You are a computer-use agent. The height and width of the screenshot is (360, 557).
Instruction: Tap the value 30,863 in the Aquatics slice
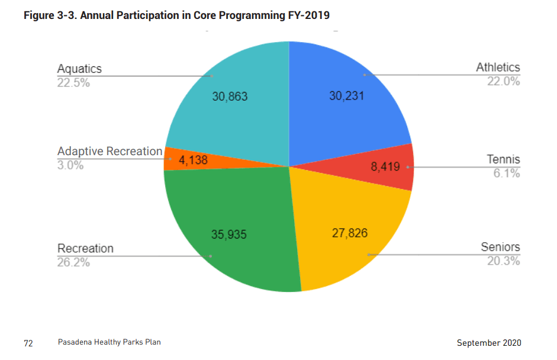(230, 97)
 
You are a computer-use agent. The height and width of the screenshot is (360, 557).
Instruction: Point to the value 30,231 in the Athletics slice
(346, 97)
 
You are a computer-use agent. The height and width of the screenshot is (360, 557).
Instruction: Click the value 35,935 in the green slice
(229, 234)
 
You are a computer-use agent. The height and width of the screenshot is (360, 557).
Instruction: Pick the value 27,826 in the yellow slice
(349, 233)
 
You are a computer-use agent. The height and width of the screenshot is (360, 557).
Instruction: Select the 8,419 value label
(386, 167)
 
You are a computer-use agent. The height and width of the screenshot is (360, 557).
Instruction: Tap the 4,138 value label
(194, 160)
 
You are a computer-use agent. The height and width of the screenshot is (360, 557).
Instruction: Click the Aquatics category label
(79, 69)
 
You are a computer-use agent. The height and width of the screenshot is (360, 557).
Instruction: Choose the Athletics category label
(498, 67)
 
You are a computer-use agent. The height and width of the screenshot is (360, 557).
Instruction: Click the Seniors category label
(500, 247)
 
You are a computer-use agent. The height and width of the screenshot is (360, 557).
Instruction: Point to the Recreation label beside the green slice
(85, 248)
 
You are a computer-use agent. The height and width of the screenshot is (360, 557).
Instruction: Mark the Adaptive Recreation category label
(110, 152)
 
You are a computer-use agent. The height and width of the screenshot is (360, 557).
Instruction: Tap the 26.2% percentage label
(73, 262)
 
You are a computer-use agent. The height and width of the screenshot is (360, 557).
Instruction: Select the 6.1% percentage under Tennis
(507, 173)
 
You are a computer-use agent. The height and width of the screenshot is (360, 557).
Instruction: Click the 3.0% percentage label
(70, 166)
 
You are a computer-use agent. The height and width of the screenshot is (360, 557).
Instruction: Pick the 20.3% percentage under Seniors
(503, 261)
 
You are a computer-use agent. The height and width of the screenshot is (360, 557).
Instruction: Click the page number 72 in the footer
(28, 343)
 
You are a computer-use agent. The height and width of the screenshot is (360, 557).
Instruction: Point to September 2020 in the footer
(489, 343)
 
